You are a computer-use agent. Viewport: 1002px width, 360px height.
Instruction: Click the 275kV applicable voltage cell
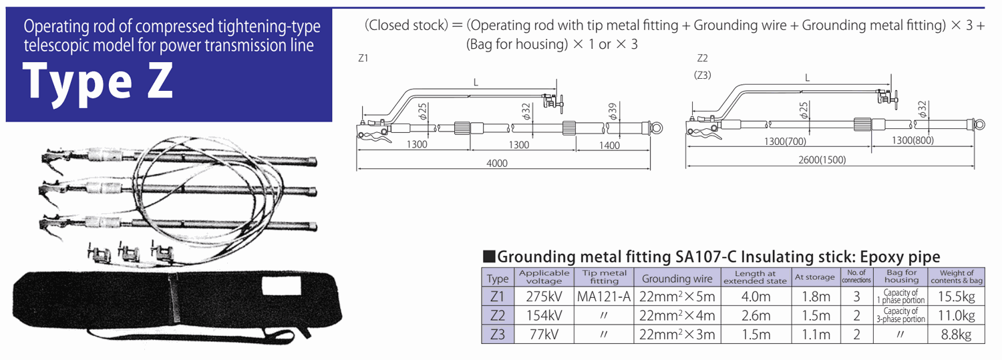544,296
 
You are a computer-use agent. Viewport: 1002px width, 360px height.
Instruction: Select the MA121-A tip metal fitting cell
603,296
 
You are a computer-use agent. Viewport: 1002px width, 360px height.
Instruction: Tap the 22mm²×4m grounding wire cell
678,315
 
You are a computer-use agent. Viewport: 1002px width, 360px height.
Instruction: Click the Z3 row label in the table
498,335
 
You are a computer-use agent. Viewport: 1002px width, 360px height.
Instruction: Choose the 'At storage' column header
814,277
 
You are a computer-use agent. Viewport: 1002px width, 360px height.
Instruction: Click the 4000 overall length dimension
496,164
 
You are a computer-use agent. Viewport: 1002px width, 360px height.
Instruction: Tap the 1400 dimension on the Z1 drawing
609,145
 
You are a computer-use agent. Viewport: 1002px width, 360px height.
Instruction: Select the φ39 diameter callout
613,110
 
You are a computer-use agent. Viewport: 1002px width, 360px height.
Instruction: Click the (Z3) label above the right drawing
702,75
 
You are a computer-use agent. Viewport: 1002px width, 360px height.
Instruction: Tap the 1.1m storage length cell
814,335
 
